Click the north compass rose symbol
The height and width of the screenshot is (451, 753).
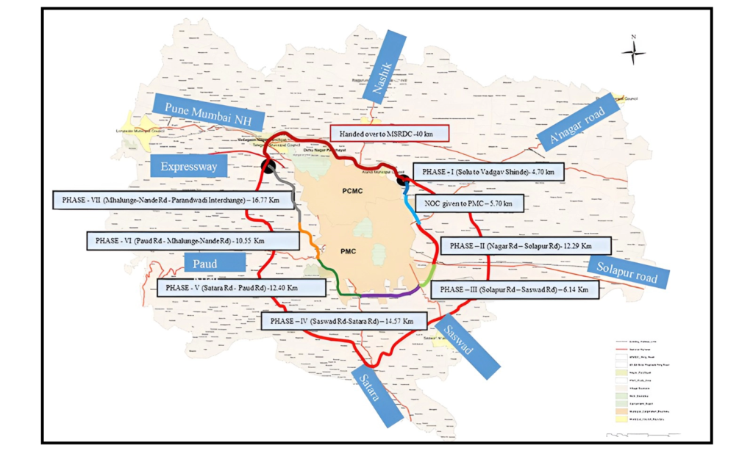coord(633,51)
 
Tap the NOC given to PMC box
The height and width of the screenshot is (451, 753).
coord(469,203)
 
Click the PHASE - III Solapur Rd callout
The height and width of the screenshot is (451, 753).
coord(514,290)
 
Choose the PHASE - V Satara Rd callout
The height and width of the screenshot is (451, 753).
coord(232,287)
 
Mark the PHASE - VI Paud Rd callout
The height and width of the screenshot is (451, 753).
coord(175,240)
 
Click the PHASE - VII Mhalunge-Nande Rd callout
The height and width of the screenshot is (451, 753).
coord(155,199)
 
